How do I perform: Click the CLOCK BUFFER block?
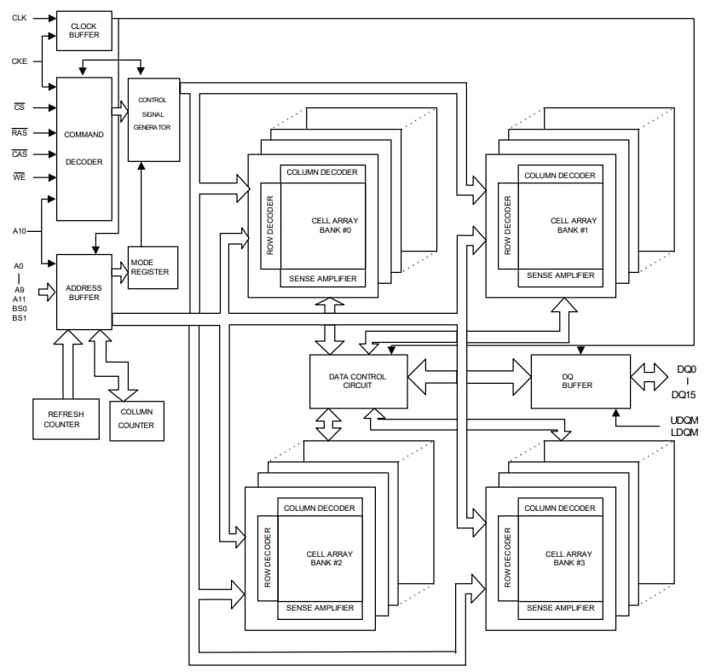(84, 31)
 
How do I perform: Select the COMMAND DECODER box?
(84, 148)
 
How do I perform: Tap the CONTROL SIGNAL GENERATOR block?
(153, 119)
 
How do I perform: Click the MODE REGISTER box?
(153, 267)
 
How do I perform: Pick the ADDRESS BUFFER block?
(84, 292)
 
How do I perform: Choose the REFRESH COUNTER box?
(64, 419)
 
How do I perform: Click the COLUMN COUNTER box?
(136, 420)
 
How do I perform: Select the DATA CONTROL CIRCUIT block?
(357, 380)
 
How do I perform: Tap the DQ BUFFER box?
(578, 379)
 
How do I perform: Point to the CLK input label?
(19, 17)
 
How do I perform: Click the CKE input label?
(19, 61)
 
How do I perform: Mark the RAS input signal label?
(20, 132)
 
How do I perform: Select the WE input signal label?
(20, 177)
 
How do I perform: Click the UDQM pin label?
(684, 420)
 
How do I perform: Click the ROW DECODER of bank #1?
(508, 226)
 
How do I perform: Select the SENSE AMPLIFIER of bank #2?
(320, 608)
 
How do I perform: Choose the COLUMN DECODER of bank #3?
(560, 508)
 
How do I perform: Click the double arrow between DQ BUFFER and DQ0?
(649, 376)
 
